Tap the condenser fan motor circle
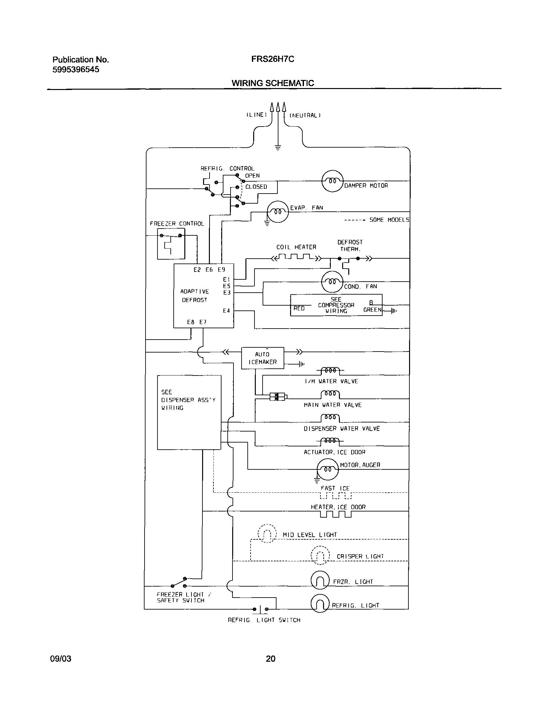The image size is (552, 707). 332,281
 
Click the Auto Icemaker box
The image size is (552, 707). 263,358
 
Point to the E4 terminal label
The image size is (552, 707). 226,311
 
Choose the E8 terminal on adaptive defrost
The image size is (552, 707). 191,322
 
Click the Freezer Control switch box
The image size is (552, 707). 171,243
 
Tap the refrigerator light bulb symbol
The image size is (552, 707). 320,603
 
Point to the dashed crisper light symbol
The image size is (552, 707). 320,555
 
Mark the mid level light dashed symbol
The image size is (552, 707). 267,533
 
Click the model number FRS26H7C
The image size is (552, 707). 273,60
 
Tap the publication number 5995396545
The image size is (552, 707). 76,70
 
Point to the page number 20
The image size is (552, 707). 271,658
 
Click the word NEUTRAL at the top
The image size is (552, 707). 305,115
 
